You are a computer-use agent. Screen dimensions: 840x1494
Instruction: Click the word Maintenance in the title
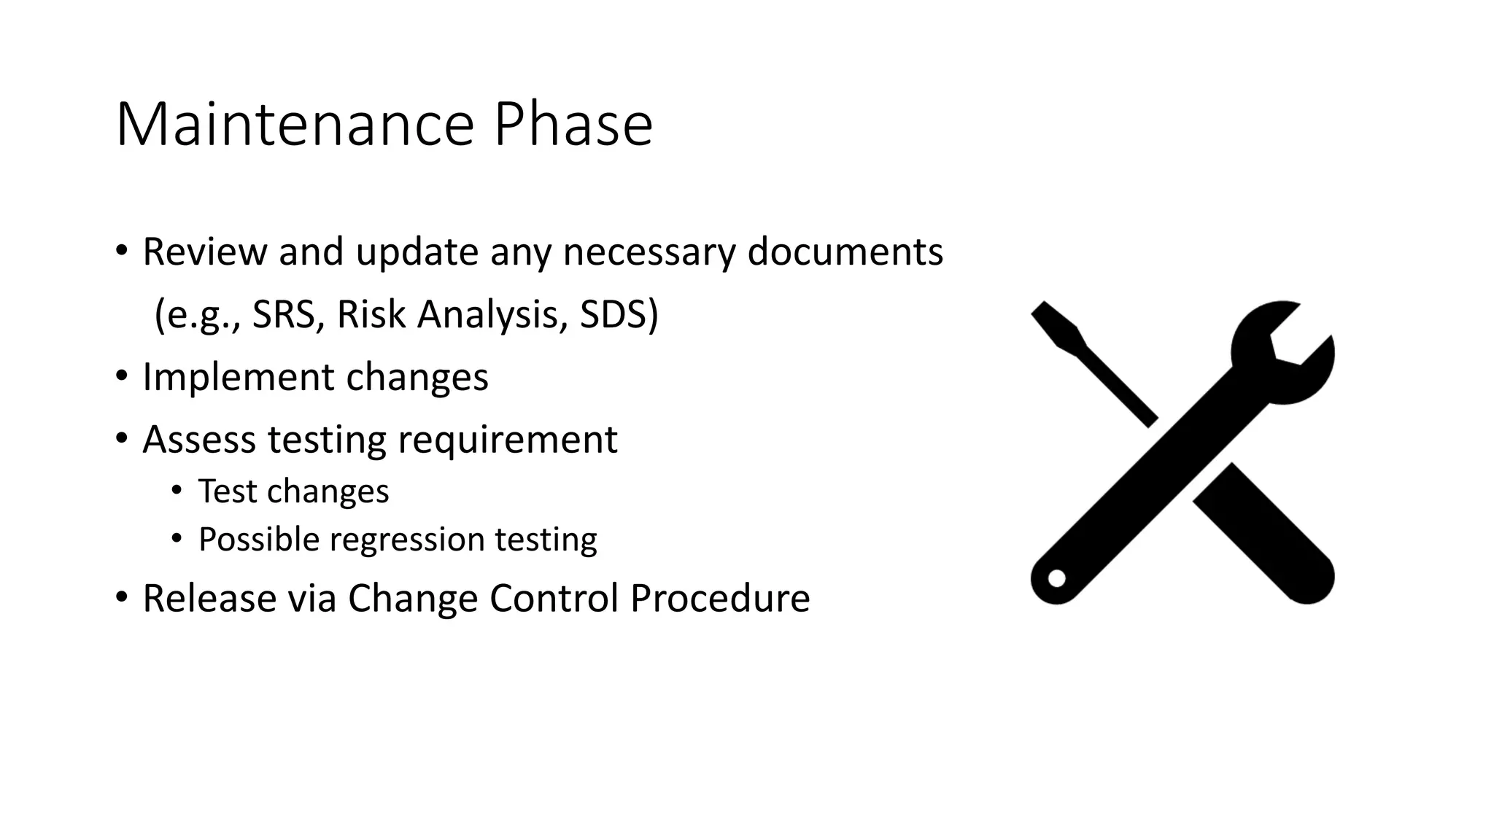295,125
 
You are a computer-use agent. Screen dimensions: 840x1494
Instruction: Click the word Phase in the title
573,125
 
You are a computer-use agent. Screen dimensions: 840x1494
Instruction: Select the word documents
845,252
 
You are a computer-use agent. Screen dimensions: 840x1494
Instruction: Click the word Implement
237,378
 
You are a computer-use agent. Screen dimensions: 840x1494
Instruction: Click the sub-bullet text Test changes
293,491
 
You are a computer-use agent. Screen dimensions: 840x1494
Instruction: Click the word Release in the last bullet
209,598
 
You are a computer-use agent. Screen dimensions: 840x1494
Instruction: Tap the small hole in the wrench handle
1057,578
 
